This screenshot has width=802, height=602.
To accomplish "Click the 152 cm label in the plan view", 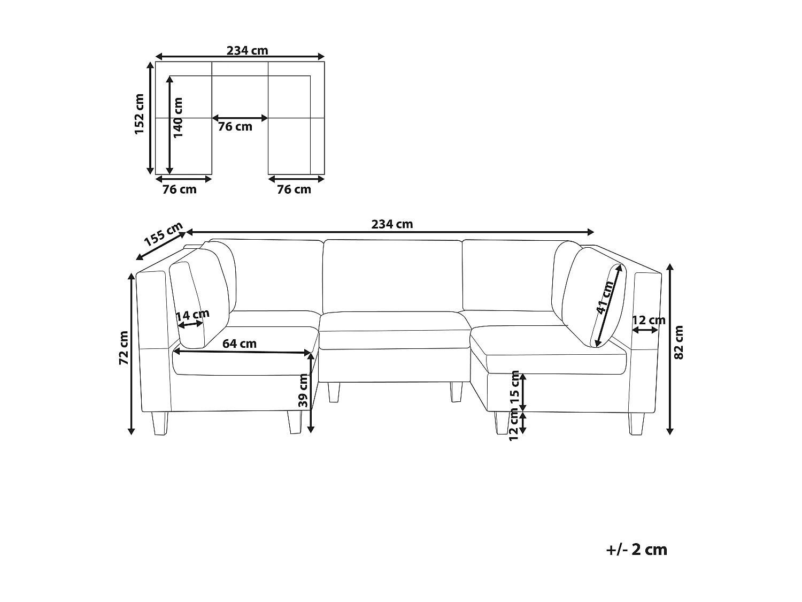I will [x=140, y=114].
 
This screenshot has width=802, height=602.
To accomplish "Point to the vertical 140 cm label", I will [x=178, y=117].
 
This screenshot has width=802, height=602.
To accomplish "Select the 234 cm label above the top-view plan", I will [x=247, y=51].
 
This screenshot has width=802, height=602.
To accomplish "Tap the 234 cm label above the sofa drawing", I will [x=392, y=224].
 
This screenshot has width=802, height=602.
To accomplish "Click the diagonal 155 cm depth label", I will [x=164, y=233].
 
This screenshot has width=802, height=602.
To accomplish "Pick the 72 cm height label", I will [x=124, y=348].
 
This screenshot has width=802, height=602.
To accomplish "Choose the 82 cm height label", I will [x=679, y=342].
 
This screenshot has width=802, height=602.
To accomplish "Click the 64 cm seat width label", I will [x=240, y=344].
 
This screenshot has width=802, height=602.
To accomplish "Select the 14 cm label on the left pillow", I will [x=192, y=315].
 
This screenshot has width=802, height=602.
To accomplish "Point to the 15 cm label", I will [x=515, y=386].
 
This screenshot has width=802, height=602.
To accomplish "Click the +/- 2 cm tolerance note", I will [x=637, y=550].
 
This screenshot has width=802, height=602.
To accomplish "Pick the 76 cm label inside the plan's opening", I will [x=235, y=127].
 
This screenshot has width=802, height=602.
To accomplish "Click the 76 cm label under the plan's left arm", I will [x=180, y=189].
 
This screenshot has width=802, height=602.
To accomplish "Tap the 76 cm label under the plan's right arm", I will [x=294, y=189].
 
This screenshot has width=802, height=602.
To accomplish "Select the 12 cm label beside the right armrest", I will [x=649, y=321].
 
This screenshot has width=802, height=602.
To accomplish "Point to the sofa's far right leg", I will [x=636, y=424].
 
